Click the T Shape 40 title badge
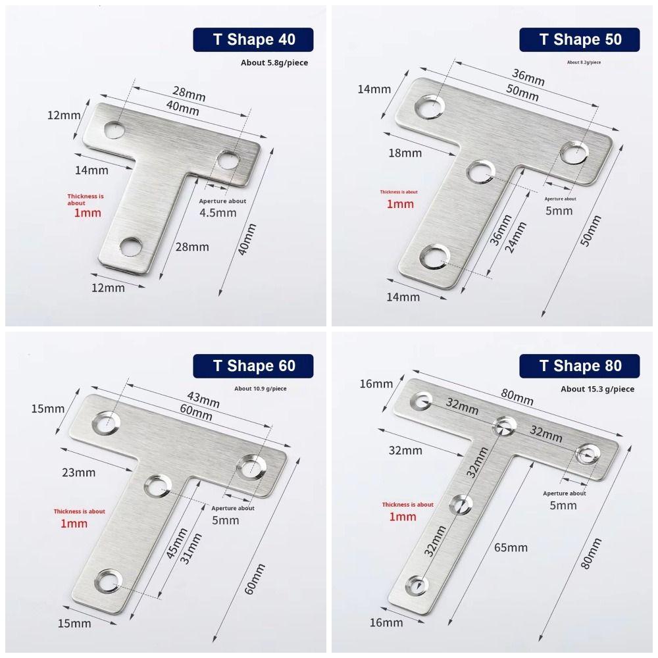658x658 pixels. pyautogui.click(x=253, y=39)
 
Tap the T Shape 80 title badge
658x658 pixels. pyautogui.click(x=580, y=366)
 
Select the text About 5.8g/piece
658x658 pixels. pyautogui.click(x=274, y=63)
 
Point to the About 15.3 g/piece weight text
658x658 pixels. pyautogui.click(x=597, y=390)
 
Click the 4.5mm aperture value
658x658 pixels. pyautogui.click(x=217, y=213)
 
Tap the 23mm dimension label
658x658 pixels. pyautogui.click(x=80, y=472)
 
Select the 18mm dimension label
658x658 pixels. pyautogui.click(x=406, y=153)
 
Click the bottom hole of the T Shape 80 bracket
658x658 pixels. pyautogui.click(x=416, y=584)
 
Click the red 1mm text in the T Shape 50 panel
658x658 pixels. pyautogui.click(x=400, y=204)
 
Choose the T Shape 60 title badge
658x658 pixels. pyautogui.click(x=253, y=366)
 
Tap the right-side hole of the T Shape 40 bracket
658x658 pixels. pyautogui.click(x=229, y=159)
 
